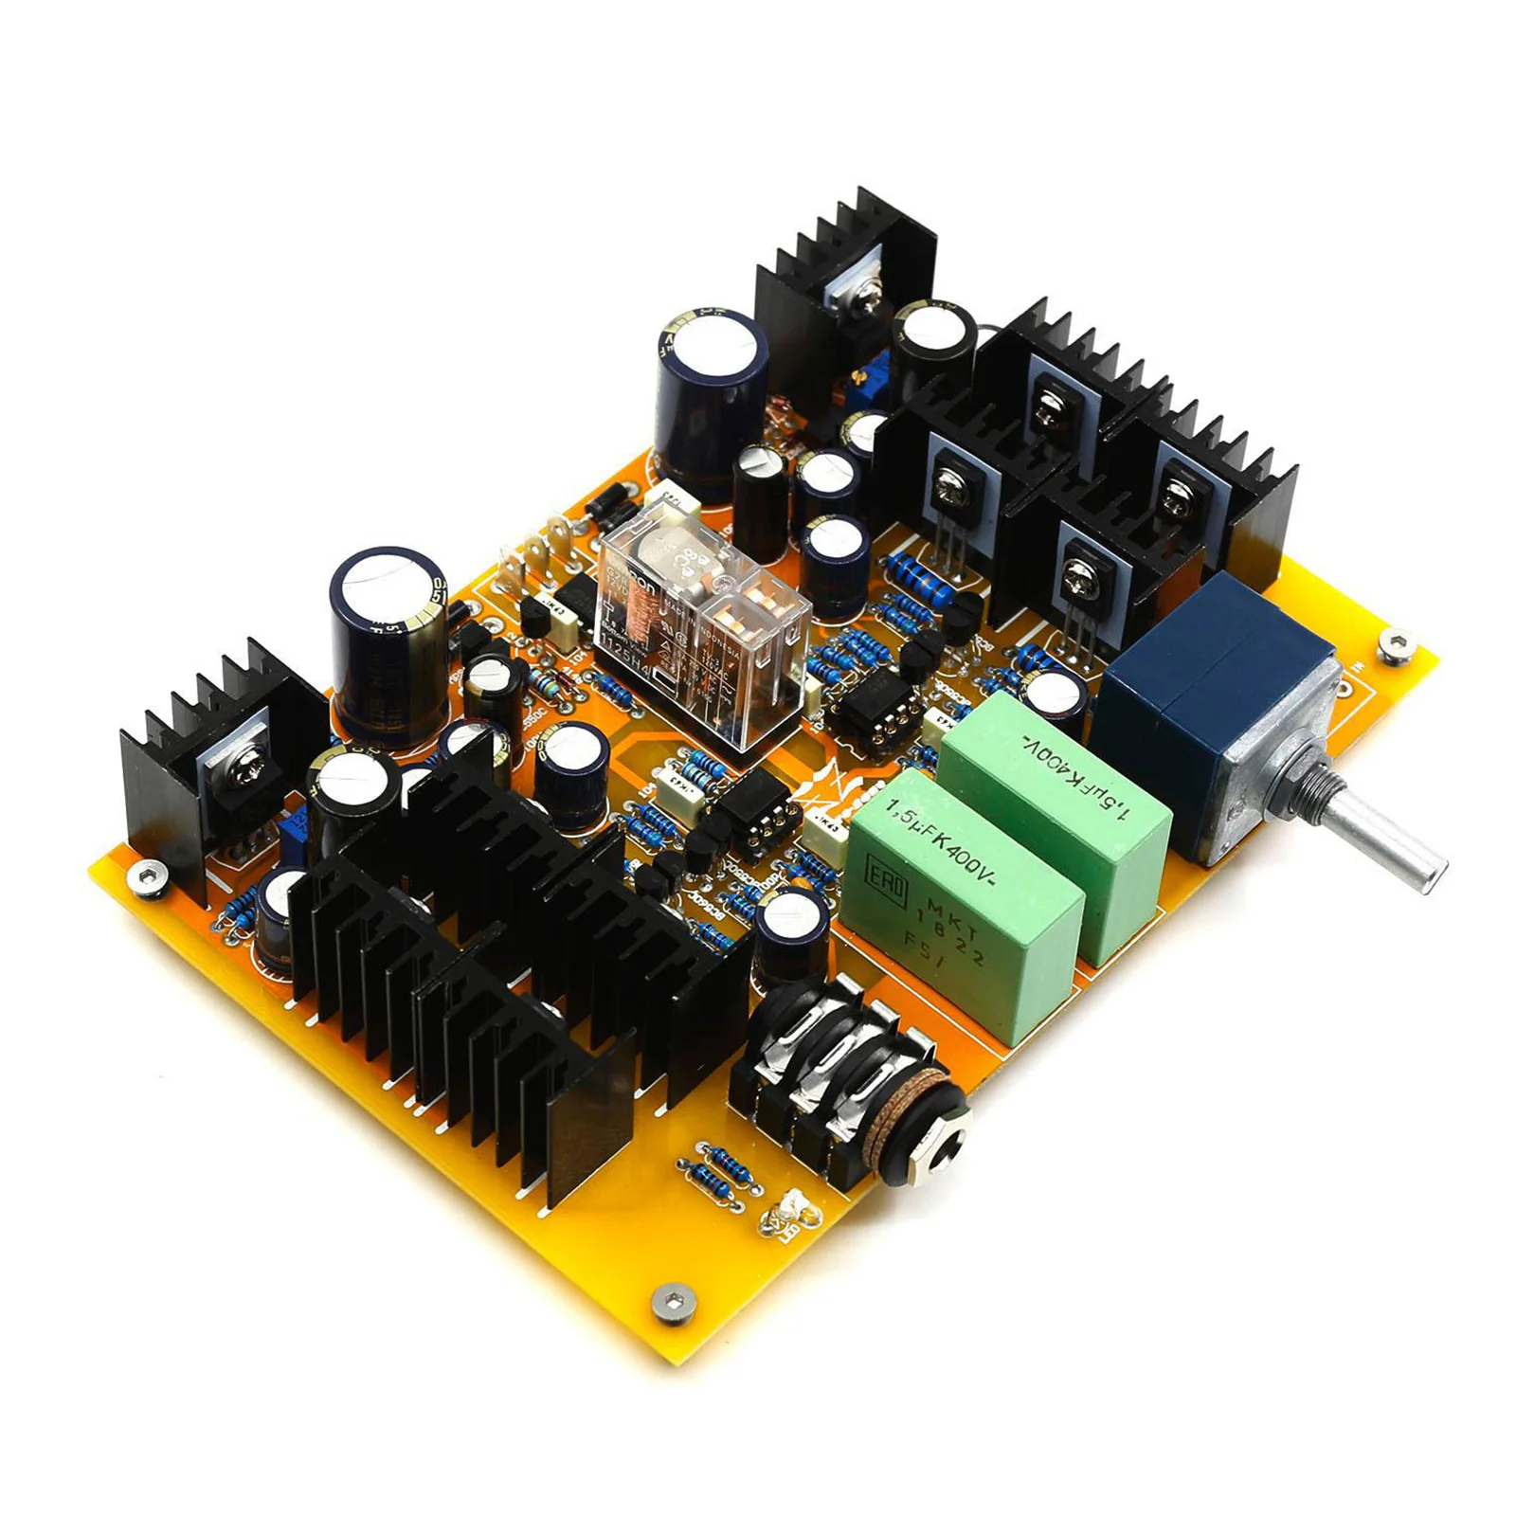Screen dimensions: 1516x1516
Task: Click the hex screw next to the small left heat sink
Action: (148, 876)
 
